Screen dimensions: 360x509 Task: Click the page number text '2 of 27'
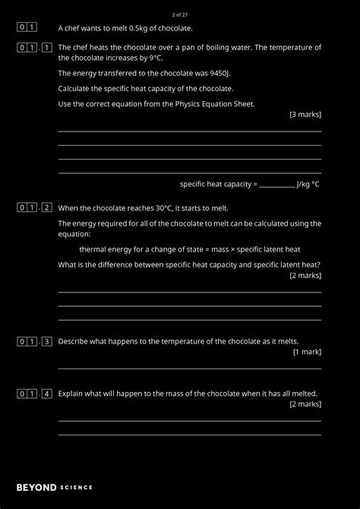tap(180, 14)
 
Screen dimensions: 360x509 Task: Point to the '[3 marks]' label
tap(305, 115)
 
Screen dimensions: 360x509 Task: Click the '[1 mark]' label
tap(307, 352)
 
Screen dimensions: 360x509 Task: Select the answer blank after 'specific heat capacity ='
tap(277, 184)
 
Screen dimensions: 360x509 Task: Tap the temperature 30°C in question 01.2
tap(164, 208)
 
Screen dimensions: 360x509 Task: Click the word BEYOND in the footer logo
tap(35, 487)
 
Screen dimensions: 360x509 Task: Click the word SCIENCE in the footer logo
tap(76, 487)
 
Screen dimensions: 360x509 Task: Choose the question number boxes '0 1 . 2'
tap(35, 208)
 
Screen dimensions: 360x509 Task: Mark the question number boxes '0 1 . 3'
tap(35, 342)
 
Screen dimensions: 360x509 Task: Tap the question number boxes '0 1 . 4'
tap(35, 394)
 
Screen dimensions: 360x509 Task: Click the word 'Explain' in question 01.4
tap(71, 394)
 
